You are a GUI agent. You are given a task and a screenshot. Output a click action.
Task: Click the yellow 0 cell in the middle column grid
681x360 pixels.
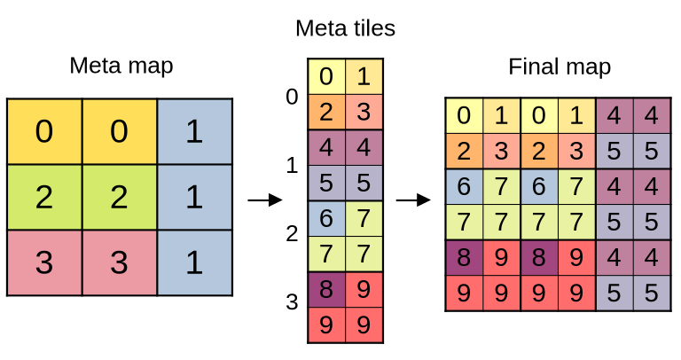(326, 77)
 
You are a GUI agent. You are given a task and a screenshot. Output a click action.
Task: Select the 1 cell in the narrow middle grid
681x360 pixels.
(364, 77)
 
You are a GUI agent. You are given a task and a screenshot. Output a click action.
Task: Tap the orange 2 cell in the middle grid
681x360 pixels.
(326, 113)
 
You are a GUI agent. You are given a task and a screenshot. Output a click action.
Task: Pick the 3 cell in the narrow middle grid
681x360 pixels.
(364, 113)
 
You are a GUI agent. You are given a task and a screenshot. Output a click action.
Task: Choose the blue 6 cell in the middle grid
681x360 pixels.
(326, 219)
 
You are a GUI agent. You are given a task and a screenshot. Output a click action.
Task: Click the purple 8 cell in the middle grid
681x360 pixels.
(326, 290)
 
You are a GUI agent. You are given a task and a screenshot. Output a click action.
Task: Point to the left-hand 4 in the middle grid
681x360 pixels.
(326, 148)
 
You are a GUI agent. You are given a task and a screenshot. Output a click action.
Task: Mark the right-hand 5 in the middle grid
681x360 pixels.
(364, 184)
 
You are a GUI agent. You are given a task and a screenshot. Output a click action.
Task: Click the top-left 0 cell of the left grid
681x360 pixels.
(44, 131)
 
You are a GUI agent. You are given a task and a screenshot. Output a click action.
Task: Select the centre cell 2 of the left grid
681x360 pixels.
(119, 197)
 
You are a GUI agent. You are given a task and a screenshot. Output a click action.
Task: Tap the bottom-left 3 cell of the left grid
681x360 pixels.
(44, 262)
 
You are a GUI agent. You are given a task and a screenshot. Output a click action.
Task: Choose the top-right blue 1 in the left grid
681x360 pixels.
(194, 131)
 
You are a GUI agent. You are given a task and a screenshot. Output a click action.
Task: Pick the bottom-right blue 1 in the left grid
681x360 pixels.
(194, 262)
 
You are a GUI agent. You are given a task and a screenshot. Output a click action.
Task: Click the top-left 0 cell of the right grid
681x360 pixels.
(464, 116)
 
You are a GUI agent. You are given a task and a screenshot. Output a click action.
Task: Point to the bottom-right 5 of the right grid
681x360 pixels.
(652, 293)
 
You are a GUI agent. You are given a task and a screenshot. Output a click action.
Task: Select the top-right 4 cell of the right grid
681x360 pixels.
(652, 116)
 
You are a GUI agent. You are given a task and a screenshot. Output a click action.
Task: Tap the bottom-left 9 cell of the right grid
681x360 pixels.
(464, 293)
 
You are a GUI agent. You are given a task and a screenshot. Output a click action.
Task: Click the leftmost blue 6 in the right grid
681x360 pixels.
(464, 187)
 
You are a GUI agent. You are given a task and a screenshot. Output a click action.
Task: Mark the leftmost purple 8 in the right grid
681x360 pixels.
(464, 257)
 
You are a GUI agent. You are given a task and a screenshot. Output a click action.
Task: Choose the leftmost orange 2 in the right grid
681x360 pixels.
(464, 152)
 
